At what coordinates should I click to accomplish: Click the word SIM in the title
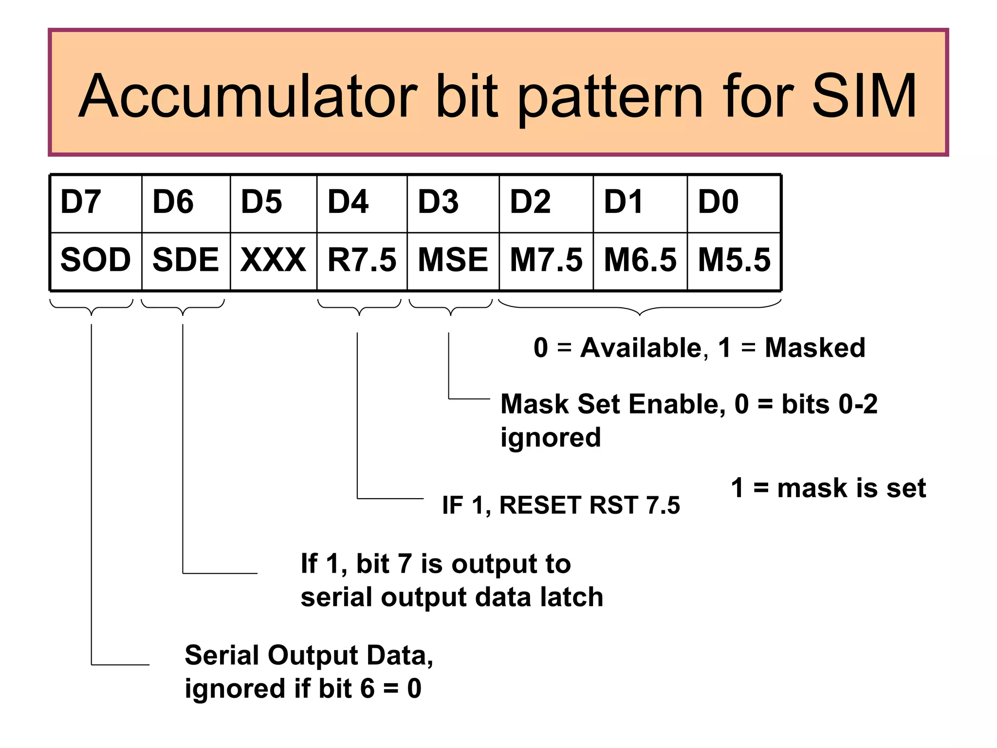(864, 96)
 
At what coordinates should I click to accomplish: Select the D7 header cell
(96, 203)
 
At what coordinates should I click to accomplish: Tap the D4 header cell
(361, 203)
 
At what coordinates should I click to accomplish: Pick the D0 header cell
(734, 203)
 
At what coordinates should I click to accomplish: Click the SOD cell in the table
(96, 260)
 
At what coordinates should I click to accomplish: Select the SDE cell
(185, 260)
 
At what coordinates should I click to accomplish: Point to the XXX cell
(273, 260)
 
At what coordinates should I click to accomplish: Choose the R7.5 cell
(362, 260)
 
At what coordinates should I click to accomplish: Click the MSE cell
(453, 260)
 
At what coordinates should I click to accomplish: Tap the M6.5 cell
(640, 260)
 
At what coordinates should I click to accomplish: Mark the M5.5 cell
(734, 260)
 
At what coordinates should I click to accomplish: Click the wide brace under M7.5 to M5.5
(640, 308)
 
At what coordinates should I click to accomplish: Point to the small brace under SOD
(92, 308)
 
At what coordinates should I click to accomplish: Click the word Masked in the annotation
(814, 348)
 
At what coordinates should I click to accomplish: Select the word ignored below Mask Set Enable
(551, 437)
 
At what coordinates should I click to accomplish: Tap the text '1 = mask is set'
(828, 488)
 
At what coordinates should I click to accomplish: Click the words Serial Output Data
(308, 655)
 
